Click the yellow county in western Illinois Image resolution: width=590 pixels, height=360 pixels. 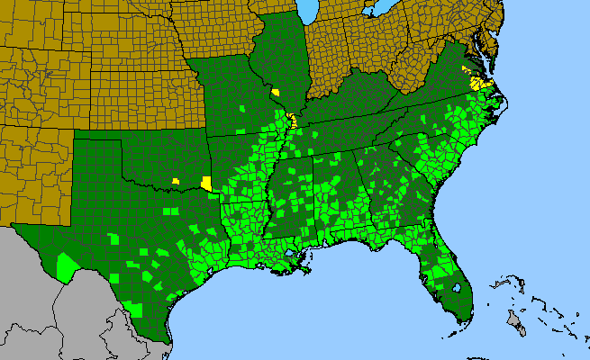point(275,92)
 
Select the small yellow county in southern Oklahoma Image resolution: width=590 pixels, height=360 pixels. point(177,181)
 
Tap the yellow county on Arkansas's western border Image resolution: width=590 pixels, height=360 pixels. point(207,184)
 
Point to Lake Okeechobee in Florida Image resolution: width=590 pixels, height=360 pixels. point(457,289)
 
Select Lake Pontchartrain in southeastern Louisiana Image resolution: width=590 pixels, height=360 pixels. point(290,254)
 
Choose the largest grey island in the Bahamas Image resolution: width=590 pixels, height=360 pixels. point(516,319)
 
